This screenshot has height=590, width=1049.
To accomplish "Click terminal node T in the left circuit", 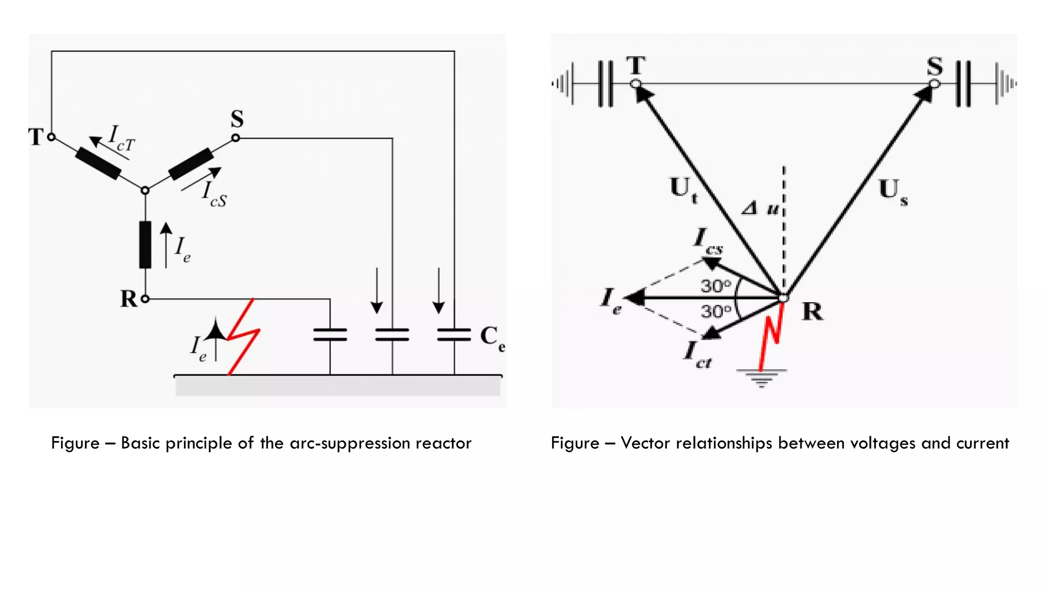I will pos(51,137).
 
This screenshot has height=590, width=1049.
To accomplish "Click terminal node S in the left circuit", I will pos(236,138).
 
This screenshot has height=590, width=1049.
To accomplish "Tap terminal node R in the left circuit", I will pos(145,299).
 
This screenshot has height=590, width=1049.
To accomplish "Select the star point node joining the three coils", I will pos(145,191).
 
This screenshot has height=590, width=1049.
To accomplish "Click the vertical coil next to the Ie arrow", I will pos(145,245).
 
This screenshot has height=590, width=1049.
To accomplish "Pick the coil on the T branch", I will pos(98,163).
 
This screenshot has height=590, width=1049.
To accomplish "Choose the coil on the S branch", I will pos(191,164).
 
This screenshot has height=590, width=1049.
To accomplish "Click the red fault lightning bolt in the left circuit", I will pos(243,336).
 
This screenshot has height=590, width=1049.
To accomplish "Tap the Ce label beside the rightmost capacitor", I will pos(492,338).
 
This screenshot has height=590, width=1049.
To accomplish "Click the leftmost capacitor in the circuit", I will pos(330,335).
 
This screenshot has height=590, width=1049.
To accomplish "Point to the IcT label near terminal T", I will pos(121,138).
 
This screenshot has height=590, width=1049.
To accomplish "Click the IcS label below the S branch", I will pos(214,194).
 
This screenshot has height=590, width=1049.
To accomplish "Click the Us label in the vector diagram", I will pos(893,191).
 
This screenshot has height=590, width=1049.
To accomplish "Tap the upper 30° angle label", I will pos(716,286).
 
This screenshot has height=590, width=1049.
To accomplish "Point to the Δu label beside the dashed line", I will pos(761,208).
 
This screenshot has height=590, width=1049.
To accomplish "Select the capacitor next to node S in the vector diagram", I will pos(963,83).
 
